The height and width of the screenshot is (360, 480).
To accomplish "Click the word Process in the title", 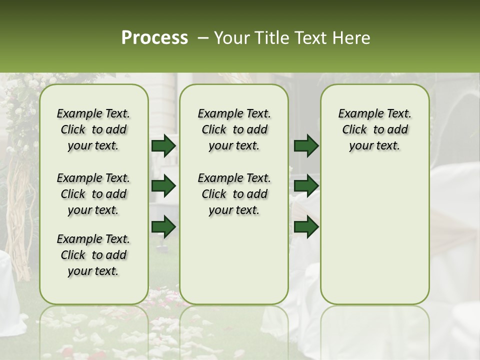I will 154,38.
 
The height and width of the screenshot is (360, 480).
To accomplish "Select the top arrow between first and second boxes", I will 163,145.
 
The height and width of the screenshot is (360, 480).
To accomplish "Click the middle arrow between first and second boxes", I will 163,186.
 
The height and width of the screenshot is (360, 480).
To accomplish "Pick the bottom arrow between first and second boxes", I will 163,227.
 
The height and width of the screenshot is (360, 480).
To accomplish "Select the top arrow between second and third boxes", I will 306,145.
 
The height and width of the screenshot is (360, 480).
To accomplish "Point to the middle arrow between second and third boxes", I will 306,186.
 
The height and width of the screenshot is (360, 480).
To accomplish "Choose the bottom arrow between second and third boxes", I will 306,227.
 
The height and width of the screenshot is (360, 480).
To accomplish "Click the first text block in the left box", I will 93,129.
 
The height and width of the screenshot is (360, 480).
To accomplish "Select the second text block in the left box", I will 93,194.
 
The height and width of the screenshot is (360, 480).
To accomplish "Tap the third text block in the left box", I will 93,255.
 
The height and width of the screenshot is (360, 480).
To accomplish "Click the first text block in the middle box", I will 234,129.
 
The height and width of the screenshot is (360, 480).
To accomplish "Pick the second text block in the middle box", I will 234,194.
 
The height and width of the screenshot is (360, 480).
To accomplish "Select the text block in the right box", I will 375,129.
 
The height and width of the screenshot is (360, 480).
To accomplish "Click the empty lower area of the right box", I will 375,240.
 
